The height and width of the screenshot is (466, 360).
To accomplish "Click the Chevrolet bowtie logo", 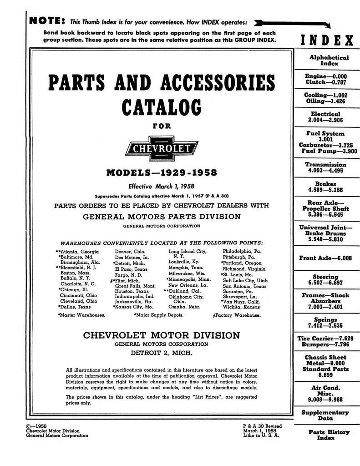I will coord(162,148).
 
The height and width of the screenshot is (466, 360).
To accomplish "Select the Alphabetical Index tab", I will coord(329,61).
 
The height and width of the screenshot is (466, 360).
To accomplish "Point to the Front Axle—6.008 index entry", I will coord(325,258).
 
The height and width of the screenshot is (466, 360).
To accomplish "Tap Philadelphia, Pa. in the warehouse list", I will coord(242,251).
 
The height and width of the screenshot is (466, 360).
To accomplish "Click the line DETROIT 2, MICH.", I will coord(162,353).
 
